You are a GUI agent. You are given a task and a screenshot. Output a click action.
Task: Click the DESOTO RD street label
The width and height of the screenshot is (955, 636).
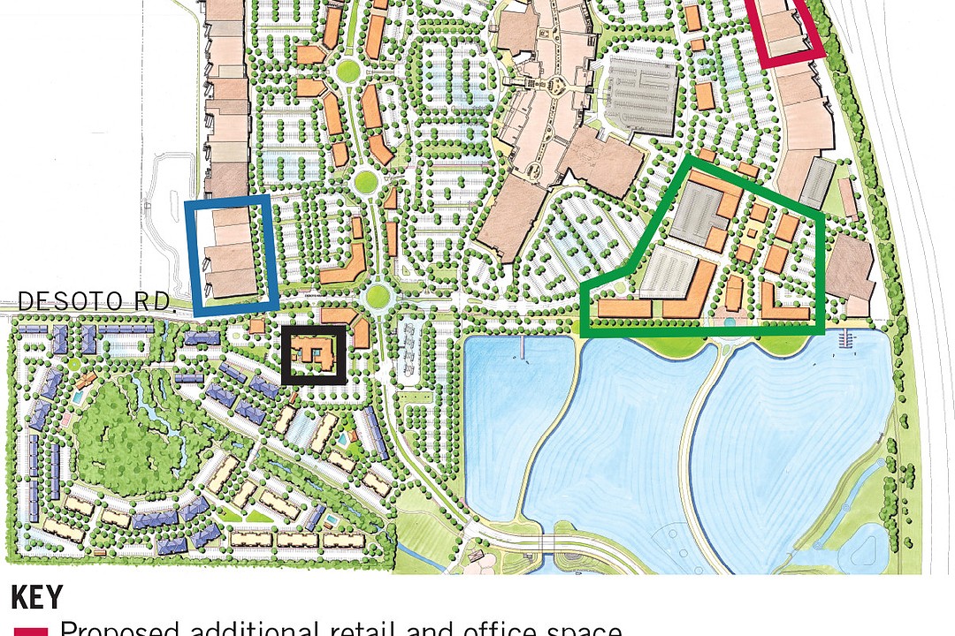click(x=95, y=302)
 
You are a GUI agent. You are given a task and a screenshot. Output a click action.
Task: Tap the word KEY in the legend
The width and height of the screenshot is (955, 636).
click(x=37, y=598)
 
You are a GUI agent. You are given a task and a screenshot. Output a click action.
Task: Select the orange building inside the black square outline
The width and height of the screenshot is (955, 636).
click(x=313, y=355)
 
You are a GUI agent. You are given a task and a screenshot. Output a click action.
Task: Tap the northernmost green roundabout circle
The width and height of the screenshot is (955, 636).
click(x=348, y=70)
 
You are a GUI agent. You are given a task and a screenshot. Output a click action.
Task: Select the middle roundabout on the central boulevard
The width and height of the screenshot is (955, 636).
click(x=365, y=183)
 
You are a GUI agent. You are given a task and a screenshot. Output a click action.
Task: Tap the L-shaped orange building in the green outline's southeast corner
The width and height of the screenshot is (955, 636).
click(x=783, y=305)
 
